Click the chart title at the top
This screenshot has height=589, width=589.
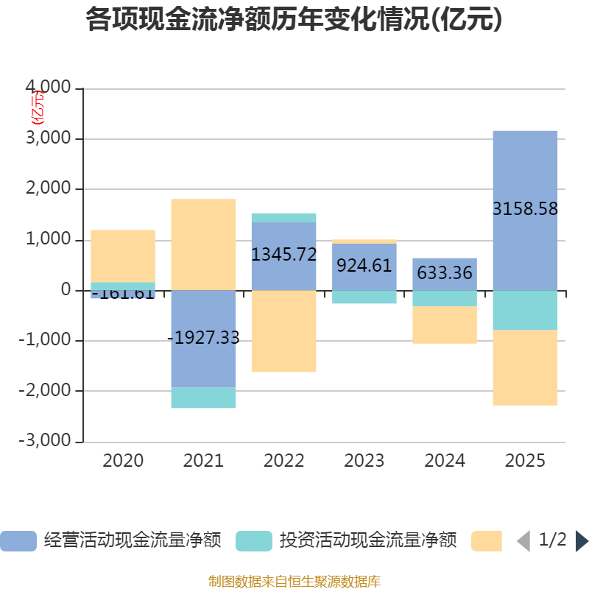[x=294, y=20]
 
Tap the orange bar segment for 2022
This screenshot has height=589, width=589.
[x=283, y=331]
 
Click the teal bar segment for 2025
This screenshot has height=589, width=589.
[x=525, y=310]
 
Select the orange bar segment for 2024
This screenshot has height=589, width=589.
[x=445, y=325]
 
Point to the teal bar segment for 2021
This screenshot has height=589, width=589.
[x=203, y=398]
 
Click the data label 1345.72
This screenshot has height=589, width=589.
[x=283, y=255]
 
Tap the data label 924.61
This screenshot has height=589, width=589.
[x=364, y=266]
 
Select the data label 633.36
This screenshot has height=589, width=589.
[x=445, y=273]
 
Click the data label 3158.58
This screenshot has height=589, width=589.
[x=525, y=209]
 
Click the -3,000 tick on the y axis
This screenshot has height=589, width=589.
[x=45, y=442]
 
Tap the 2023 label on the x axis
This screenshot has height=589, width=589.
[x=364, y=462]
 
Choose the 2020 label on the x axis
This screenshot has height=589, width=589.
[x=123, y=462]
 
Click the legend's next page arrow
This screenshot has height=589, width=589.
[x=582, y=541]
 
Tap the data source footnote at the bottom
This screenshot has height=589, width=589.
[x=294, y=581]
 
